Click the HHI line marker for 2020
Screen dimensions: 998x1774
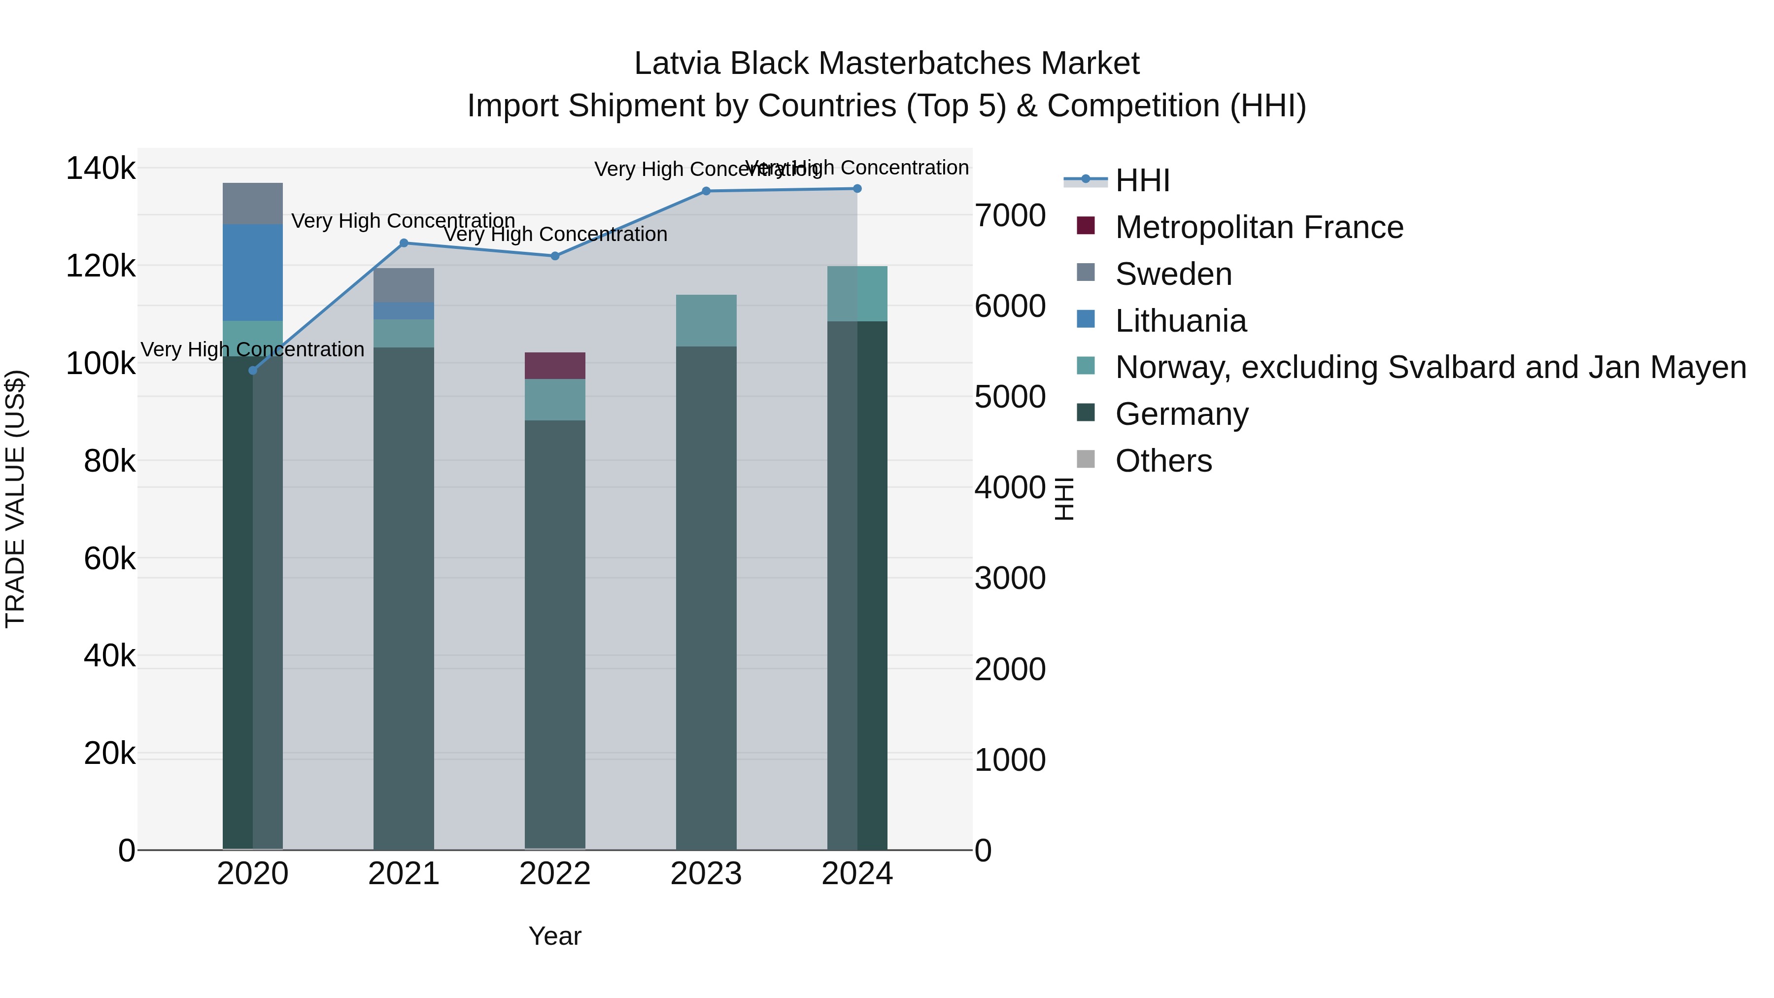tap(253, 371)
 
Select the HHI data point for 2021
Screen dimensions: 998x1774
tap(404, 243)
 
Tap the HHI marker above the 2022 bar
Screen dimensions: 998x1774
tap(555, 256)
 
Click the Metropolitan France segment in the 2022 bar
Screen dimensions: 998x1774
tap(555, 366)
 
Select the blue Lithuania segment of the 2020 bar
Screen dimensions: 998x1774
tap(253, 273)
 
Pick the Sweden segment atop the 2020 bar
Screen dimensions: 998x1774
tap(253, 204)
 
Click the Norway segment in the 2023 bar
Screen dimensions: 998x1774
tap(706, 321)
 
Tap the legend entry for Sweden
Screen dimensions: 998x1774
tap(1173, 274)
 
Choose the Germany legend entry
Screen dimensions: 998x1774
tap(1182, 414)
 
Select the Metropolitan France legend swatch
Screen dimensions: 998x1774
tap(1086, 226)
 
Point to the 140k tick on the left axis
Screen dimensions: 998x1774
tap(101, 169)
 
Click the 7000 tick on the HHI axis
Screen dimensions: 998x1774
tap(1010, 215)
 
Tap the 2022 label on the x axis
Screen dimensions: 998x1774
tap(555, 874)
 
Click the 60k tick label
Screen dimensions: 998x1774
tap(109, 558)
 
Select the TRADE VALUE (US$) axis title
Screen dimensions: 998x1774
tap(16, 499)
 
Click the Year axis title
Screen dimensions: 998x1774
tap(555, 936)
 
